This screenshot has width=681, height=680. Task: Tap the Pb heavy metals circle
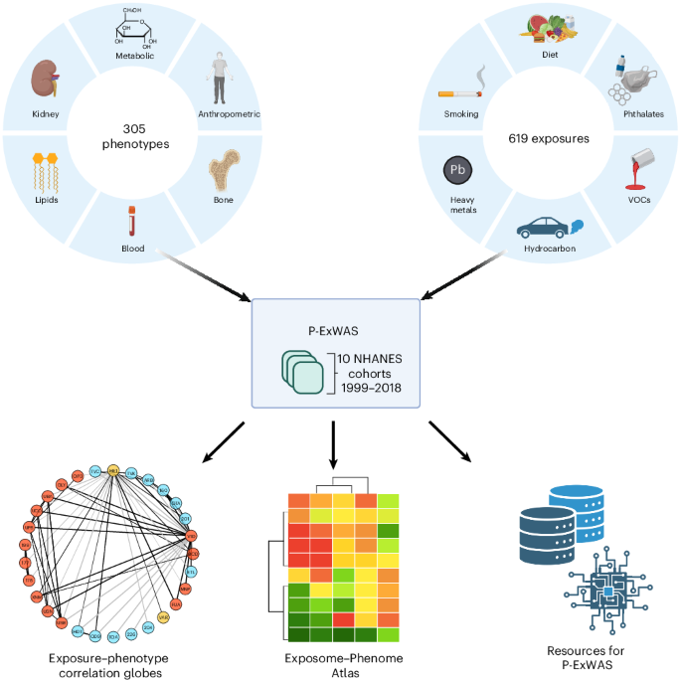(x=458, y=170)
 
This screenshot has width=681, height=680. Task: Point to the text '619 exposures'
(x=548, y=138)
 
